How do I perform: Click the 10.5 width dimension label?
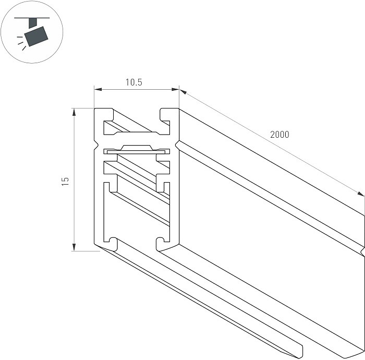134,82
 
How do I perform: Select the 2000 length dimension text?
279,135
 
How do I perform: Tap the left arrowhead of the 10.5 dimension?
98,89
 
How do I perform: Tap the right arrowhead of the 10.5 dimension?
175,89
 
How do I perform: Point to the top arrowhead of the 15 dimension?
74,112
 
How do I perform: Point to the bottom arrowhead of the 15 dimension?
74,247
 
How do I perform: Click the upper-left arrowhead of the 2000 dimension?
183,92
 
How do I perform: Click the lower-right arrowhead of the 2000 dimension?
361,194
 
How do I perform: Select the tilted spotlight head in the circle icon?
36,37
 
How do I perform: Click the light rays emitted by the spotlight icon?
21,43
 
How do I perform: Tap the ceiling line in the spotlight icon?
32,18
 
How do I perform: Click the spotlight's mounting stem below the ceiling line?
33,23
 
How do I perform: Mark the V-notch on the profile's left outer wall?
95,145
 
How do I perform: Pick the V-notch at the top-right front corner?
177,145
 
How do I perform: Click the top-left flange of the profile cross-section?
104,115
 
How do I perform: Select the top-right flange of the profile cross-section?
169,115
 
